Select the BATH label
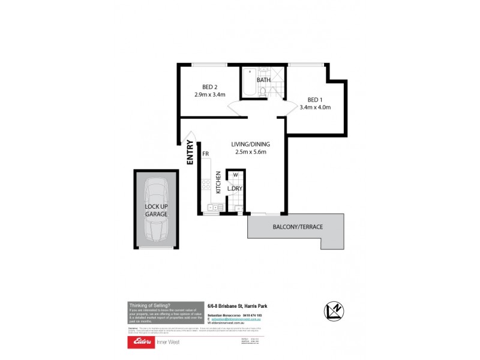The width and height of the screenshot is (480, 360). click(263, 80)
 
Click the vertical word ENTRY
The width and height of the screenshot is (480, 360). click(190, 152)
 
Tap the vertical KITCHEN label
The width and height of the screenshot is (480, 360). click(218, 182)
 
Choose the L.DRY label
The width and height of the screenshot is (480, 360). click(234, 188)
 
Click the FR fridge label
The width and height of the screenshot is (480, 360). click(205, 154)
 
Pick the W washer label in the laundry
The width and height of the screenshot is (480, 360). click(235, 175)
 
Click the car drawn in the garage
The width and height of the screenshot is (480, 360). click(156, 209)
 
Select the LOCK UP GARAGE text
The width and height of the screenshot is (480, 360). click(156, 210)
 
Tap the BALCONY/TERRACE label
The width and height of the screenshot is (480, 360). click(298, 227)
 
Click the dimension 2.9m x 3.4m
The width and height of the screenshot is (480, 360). click(210, 94)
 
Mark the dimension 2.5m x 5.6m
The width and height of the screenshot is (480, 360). click(251, 152)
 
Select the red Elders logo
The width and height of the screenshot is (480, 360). click(139, 342)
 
